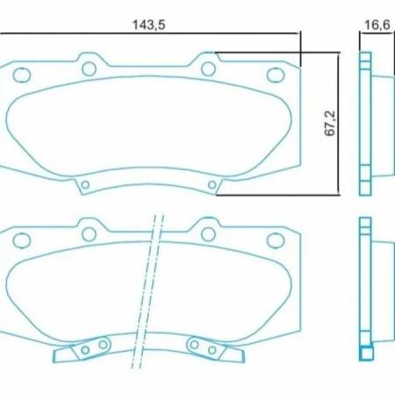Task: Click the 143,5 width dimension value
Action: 149,25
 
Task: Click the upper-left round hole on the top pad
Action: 89,68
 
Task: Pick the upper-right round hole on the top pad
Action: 208,68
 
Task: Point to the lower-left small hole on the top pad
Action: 85,184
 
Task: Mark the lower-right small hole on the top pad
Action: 212,184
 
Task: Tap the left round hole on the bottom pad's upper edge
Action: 88,233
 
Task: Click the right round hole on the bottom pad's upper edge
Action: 207,233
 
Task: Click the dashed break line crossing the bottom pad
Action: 154,281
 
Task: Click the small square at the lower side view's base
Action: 366,355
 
